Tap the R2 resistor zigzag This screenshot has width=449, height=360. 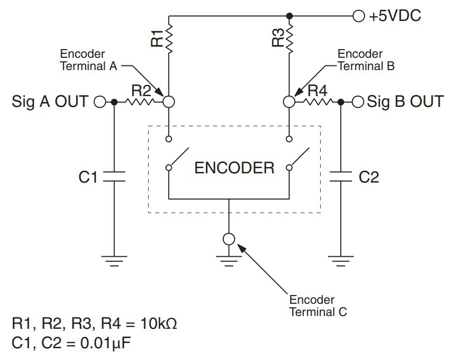click(139, 102)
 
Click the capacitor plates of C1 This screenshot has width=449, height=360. click(114, 177)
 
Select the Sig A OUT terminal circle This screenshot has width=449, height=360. click(100, 102)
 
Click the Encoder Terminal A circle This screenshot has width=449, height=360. click(169, 102)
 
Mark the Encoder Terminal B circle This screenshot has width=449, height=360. click(290, 102)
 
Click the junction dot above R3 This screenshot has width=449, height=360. click(290, 15)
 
